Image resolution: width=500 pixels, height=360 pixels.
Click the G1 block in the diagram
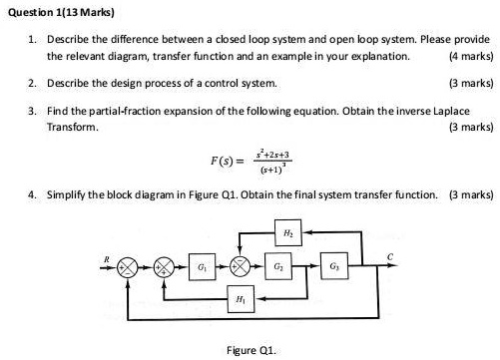pyautogui.click(x=204, y=268)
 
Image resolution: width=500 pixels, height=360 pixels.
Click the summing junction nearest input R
pyautogui.click(x=127, y=269)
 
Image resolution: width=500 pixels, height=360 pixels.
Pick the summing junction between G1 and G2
pyautogui.click(x=240, y=269)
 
